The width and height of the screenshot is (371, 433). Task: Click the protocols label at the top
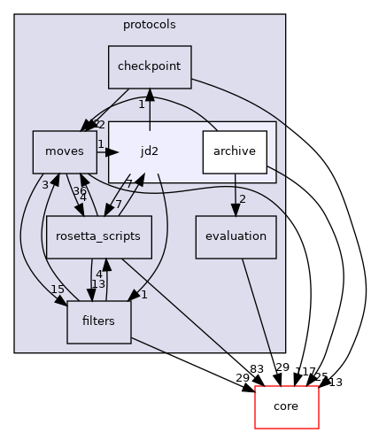pyautogui.click(x=149, y=24)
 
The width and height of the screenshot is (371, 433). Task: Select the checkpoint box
pyautogui.click(x=150, y=67)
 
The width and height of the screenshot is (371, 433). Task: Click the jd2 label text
pyautogui.click(x=150, y=151)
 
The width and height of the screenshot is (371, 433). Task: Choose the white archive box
pyautogui.click(x=235, y=152)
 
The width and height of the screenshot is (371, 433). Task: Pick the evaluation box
pyautogui.click(x=235, y=236)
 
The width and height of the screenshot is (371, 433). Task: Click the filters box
pyautogui.click(x=98, y=321)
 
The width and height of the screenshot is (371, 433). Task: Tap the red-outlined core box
pyautogui.click(x=286, y=406)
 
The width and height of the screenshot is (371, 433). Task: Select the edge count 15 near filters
pyautogui.click(x=58, y=290)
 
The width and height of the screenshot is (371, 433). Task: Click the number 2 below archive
pyautogui.click(x=242, y=198)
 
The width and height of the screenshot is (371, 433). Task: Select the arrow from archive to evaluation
pyautogui.click(x=235, y=195)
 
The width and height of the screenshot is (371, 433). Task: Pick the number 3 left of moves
pyautogui.click(x=44, y=184)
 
